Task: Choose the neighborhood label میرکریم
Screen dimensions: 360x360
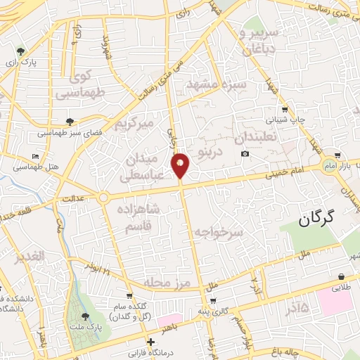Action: pyautogui.click(x=134, y=126)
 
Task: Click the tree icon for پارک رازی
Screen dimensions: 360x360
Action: pyautogui.click(x=22, y=51)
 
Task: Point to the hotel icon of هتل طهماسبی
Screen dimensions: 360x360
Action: pyautogui.click(x=36, y=155)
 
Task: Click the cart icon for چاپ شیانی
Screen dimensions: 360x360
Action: pyautogui.click(x=284, y=109)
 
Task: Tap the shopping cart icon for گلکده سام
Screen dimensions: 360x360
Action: pyautogui.click(x=129, y=296)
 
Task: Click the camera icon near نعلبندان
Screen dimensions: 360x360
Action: pyautogui.click(x=245, y=154)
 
